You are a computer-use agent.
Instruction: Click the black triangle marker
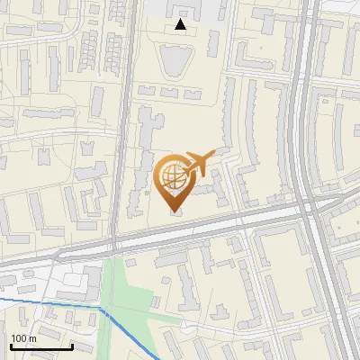pyautogui.click(x=181, y=24)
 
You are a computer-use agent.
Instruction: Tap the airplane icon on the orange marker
pyautogui.click(x=199, y=164)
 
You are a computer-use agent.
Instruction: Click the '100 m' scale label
pyautogui.click(x=23, y=337)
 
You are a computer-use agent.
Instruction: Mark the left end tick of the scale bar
pyautogui.click(x=11, y=346)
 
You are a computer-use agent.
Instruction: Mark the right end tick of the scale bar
pyautogui.click(x=72, y=346)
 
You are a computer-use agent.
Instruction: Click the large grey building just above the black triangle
pyautogui.click(x=180, y=8)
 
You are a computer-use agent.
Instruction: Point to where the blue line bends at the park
pyautogui.click(x=102, y=308)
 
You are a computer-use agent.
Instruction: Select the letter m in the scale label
pyautogui.click(x=32, y=337)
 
